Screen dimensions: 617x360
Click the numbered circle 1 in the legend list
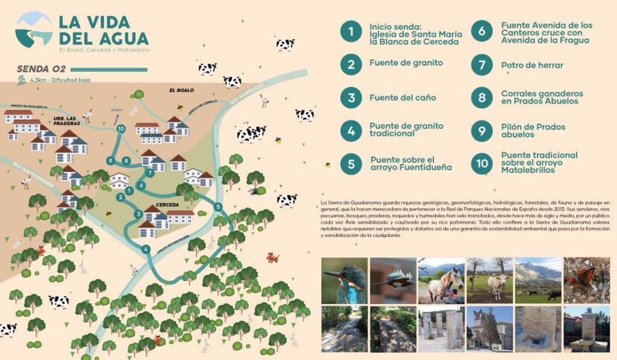click(350, 33)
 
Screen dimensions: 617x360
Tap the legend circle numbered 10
click(481, 163)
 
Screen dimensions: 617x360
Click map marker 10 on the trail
click(121, 128)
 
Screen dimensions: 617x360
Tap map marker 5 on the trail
click(218, 207)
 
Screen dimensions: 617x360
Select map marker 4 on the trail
click(145, 248)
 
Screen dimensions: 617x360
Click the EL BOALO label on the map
click(181, 90)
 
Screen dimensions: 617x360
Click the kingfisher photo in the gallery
click(344, 280)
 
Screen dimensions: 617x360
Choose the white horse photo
click(441, 280)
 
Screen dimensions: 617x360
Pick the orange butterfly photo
click(586, 280)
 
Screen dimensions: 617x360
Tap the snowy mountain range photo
click(537, 280)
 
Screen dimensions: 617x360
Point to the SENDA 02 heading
click(42, 69)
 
